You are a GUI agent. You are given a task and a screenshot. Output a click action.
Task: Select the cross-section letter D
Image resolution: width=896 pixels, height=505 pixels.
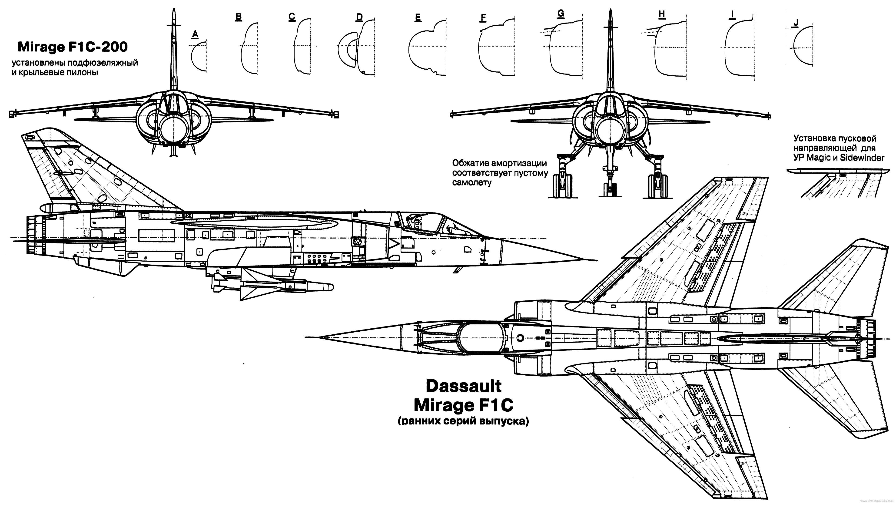(359, 17)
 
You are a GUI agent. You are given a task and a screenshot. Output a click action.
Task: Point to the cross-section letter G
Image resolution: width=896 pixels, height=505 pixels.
(561, 13)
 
